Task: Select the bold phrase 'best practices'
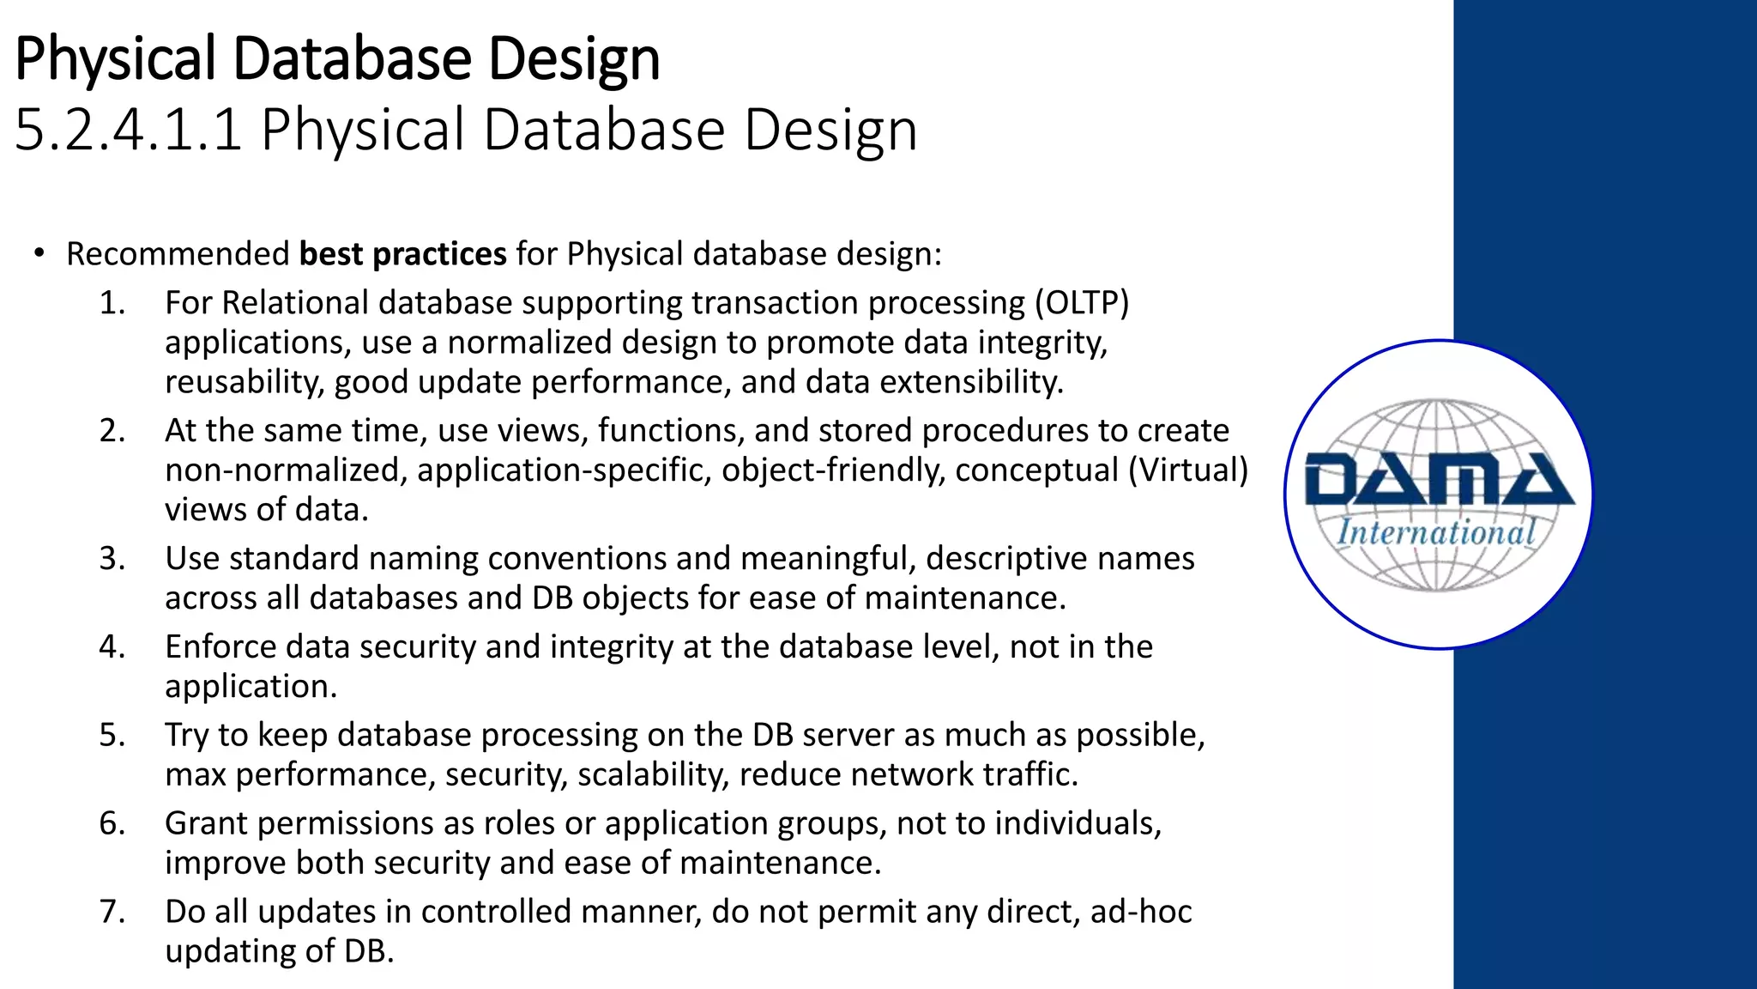tap(402, 254)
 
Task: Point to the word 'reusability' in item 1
tap(243, 382)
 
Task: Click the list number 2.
tap(112, 430)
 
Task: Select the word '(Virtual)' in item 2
tap(1187, 470)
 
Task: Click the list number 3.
tap(112, 558)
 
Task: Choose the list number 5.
tap(112, 735)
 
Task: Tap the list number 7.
tap(112, 912)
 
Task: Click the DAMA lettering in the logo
tap(1438, 480)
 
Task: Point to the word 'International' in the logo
tap(1435, 532)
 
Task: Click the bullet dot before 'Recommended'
tap(39, 254)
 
